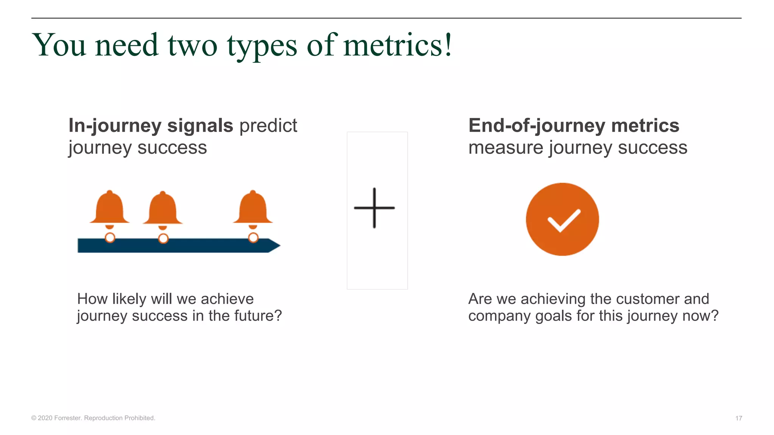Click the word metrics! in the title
pyautogui.click(x=397, y=45)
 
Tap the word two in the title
pyautogui.click(x=192, y=46)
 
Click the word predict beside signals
pyautogui.click(x=268, y=125)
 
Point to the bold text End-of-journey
pyautogui.click(x=537, y=125)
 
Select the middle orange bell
pyautogui.click(x=163, y=208)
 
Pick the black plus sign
pyautogui.click(x=374, y=208)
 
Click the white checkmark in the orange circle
pyautogui.click(x=563, y=220)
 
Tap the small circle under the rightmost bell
pyautogui.click(x=253, y=238)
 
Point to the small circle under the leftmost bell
pyautogui.click(x=110, y=238)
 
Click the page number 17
pyautogui.click(x=738, y=418)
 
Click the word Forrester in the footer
pyautogui.click(x=67, y=418)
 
